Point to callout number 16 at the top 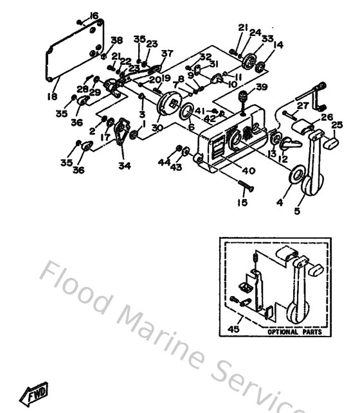coord(94,15)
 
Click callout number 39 coord(262,87)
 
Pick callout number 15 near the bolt coord(242,203)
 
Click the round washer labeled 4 coord(297,175)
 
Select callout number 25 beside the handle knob coord(336,124)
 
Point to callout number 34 coord(124,165)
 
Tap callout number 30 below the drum coord(156,127)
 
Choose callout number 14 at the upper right coord(278,45)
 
